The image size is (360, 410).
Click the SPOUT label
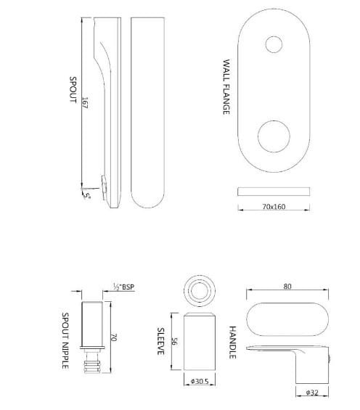tap(73, 90)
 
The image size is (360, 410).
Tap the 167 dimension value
tap(85, 103)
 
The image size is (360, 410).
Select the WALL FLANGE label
tap(226, 87)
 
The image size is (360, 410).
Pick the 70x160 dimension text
tap(274, 207)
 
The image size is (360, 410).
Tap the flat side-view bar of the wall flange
tap(274, 192)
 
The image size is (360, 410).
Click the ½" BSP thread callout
tap(123, 287)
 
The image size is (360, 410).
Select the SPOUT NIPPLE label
tap(65, 341)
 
